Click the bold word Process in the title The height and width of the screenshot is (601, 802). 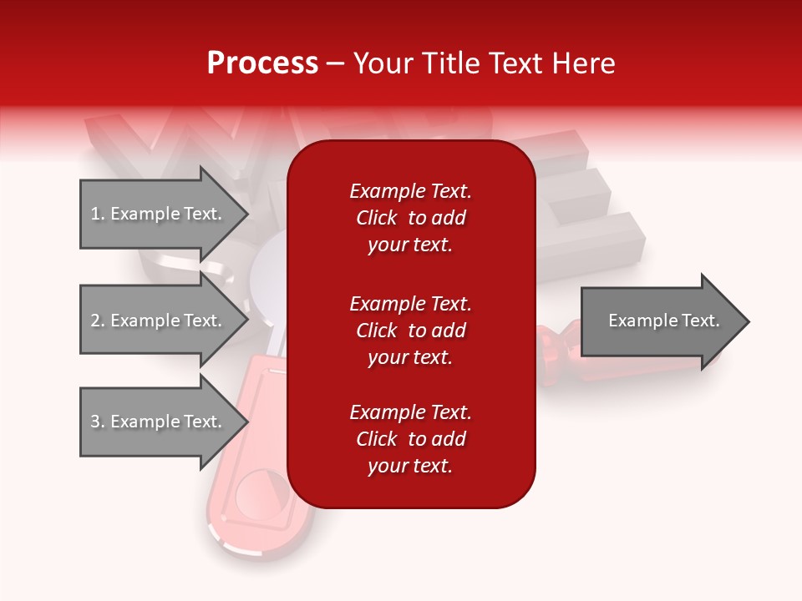pos(262,63)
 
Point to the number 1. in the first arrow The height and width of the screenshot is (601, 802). pos(98,214)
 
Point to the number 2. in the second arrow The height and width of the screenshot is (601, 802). pos(98,321)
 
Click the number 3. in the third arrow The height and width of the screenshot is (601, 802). pos(98,422)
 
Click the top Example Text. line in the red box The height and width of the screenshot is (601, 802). pos(410,191)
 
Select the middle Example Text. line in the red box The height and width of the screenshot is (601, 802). pos(410,303)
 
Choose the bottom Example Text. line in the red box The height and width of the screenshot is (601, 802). pos(410,412)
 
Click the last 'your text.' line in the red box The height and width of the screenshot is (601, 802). pos(410,466)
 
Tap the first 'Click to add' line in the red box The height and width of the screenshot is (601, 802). pos(410,218)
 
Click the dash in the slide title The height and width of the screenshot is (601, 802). pos(335,63)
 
